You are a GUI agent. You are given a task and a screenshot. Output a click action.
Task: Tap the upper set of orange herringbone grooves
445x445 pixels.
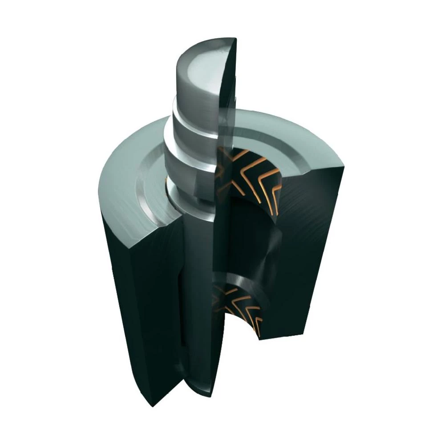247,178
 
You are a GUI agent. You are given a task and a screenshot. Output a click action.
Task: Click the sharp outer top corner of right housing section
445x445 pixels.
343,165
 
